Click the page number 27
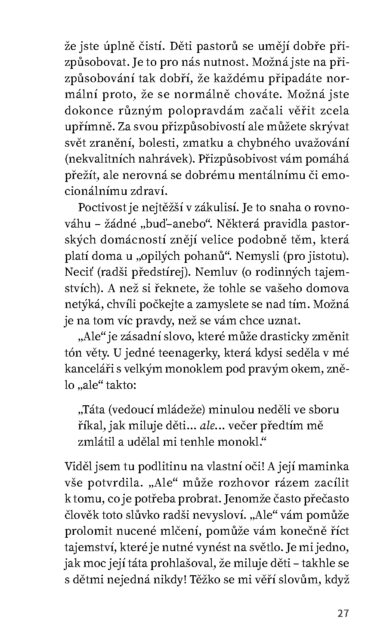click(x=343, y=613)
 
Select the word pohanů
click(x=192, y=256)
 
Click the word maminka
click(x=322, y=466)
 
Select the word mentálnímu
click(x=273, y=176)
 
